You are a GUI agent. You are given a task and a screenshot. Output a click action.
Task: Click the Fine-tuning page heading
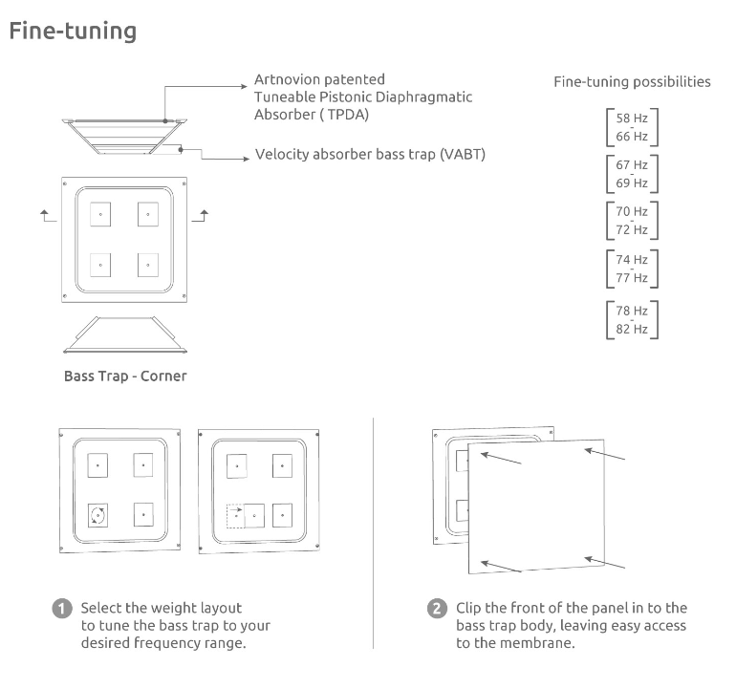[73, 32]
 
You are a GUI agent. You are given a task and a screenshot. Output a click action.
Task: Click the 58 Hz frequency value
[632, 118]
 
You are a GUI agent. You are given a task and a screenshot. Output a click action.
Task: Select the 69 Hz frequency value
[632, 183]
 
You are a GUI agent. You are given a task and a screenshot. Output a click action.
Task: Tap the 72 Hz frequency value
[632, 230]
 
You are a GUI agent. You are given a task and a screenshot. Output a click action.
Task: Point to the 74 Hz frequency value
[632, 260]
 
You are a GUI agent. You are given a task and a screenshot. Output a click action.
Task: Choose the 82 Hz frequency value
[632, 330]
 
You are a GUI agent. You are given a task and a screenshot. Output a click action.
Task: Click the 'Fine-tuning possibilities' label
[632, 82]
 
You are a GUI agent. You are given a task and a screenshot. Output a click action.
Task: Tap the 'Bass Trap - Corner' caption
[125, 376]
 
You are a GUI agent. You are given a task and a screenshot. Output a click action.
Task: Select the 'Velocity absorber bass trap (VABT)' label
[370, 155]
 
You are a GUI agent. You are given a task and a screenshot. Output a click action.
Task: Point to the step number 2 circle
[437, 609]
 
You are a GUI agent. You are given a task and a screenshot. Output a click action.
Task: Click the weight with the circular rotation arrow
[97, 516]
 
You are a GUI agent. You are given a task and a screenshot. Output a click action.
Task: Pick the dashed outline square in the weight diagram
[235, 516]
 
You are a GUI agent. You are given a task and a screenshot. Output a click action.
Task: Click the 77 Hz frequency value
[632, 279]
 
